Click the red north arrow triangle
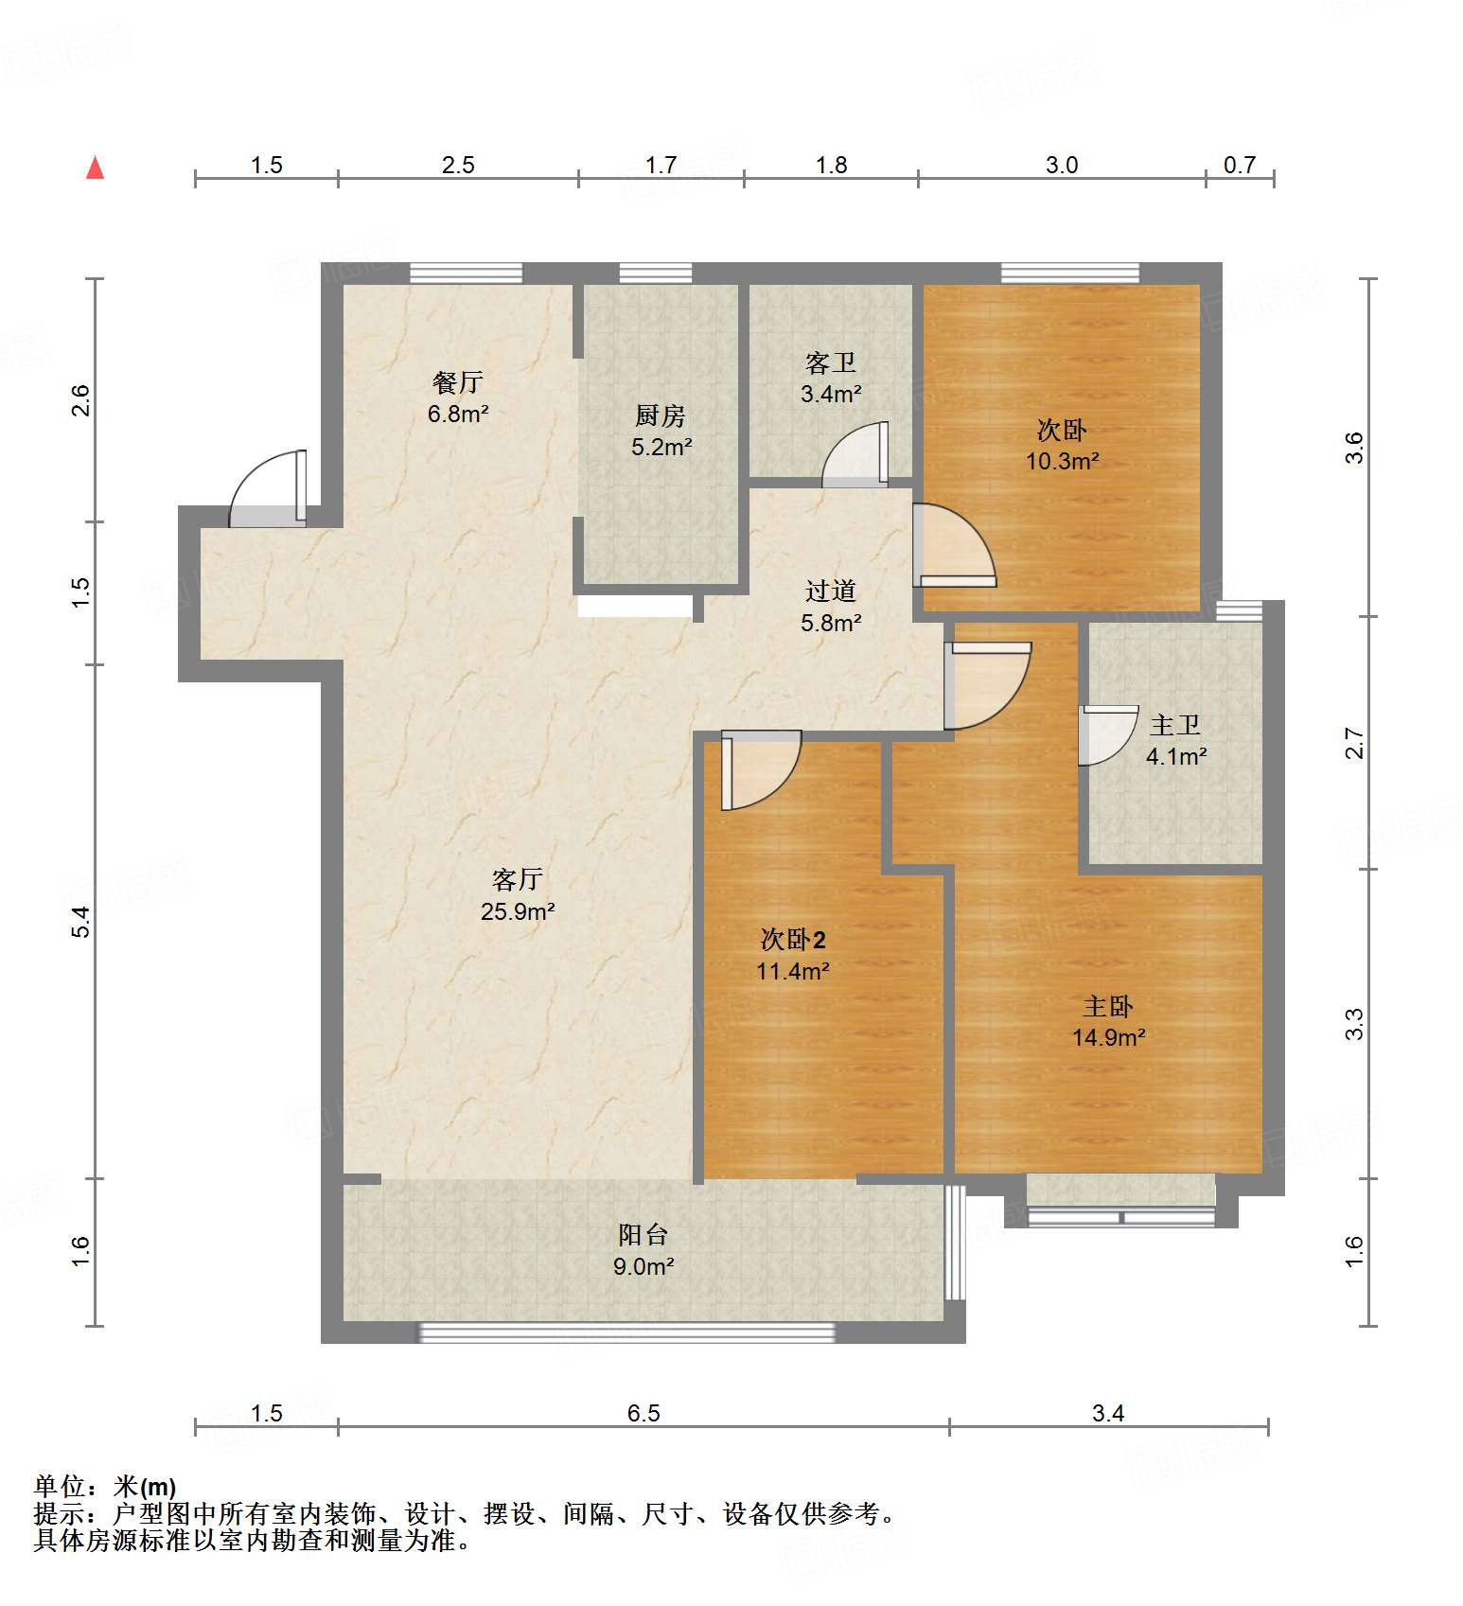95,168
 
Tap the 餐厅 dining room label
458,382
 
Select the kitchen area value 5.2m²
661,448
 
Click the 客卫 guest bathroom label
831,362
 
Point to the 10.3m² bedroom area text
1062,462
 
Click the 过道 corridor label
831,591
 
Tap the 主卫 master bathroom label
1175,726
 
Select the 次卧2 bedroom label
793,940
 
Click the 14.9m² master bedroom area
1108,1038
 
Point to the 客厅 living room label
518,880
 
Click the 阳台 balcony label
643,1235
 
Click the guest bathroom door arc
855,455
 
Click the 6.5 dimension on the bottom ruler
643,1413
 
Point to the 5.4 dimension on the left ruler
81,921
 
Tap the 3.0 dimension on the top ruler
1062,166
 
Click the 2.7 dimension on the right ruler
1354,743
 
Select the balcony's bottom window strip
626,1332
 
